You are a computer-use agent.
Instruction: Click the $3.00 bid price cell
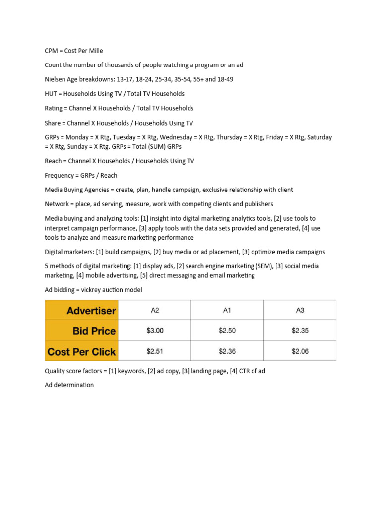point(155,331)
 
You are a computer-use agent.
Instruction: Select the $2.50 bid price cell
point(227,331)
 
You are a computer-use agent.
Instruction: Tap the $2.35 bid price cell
point(300,331)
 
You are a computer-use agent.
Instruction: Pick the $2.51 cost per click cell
point(155,351)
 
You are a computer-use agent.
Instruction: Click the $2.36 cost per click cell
point(227,351)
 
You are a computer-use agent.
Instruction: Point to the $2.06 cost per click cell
point(300,351)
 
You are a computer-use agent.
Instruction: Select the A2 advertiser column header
point(155,311)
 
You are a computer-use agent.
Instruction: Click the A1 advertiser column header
point(227,311)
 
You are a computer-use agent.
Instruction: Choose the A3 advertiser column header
point(300,311)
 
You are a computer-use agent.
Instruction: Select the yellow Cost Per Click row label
point(82,352)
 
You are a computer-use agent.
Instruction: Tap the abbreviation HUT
point(51,94)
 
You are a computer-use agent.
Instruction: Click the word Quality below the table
point(56,371)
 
